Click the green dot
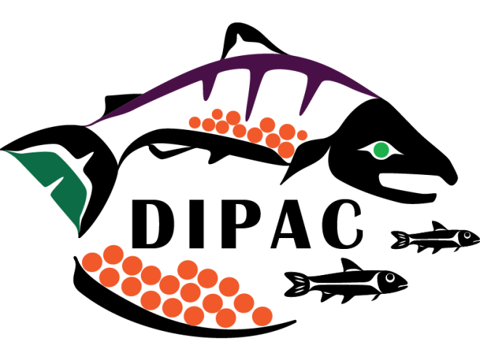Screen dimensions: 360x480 (381, 150)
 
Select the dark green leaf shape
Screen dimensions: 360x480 (62, 181)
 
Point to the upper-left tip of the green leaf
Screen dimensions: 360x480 (6, 151)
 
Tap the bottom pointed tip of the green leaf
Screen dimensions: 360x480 (78, 232)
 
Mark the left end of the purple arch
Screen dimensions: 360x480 (86, 125)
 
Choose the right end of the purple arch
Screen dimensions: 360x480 (379, 96)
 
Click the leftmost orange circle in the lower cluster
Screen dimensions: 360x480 (91, 262)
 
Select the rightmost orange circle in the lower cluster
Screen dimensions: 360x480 (262, 316)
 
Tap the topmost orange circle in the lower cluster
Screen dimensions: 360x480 (113, 254)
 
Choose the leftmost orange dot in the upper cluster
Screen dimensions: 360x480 (195, 122)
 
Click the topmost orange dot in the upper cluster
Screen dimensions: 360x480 (217, 113)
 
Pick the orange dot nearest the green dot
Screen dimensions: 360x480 (302, 135)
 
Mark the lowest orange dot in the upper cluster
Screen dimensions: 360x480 (286, 150)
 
